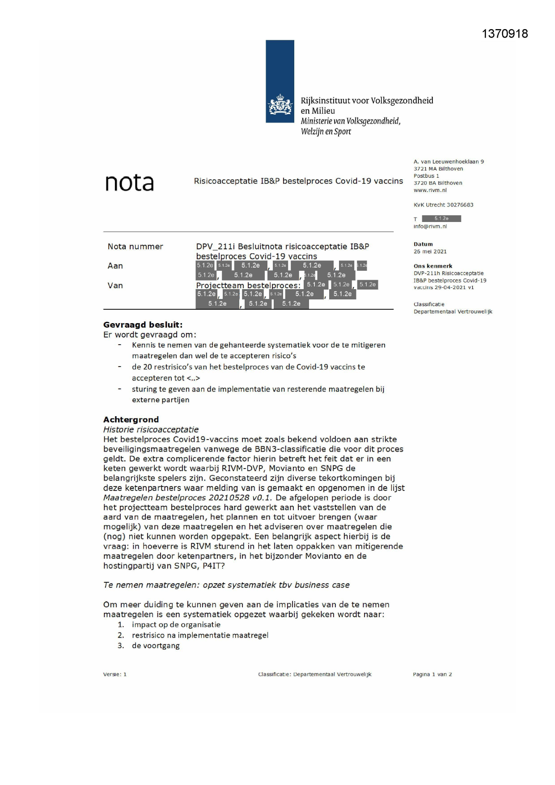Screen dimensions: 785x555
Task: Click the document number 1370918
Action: point(504,34)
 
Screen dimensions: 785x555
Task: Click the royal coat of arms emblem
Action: point(280,106)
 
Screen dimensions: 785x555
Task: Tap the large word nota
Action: point(129,183)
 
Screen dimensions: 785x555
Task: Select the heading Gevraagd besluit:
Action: point(143,325)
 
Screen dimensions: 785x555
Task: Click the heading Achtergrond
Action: point(131,420)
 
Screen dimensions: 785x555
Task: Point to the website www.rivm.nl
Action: point(430,190)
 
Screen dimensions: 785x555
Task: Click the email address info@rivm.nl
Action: point(430,226)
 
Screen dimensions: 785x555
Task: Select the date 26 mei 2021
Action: point(430,252)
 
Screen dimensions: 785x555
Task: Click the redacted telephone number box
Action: point(441,219)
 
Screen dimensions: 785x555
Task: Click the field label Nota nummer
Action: point(135,247)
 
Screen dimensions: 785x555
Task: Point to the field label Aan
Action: point(115,266)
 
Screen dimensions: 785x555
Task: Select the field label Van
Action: point(115,286)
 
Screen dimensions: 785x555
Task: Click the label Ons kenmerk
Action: point(432,266)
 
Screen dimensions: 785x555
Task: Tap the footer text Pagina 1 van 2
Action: point(432,674)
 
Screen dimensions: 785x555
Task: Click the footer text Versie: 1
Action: point(115,674)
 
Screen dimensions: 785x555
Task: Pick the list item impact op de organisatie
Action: point(176,625)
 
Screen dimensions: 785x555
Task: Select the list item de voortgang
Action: point(156,646)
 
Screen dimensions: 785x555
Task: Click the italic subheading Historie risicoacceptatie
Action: point(151,430)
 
